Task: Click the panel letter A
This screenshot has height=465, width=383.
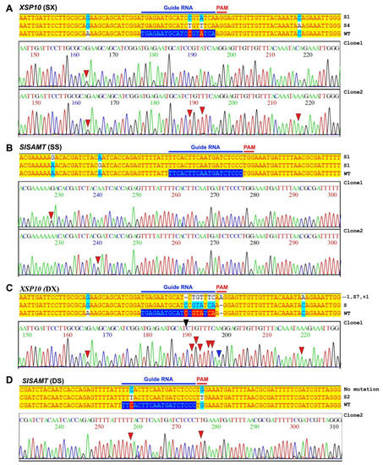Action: click(x=8, y=7)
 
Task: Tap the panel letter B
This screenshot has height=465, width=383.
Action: click(x=8, y=124)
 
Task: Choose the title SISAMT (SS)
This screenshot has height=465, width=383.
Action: click(x=41, y=124)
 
